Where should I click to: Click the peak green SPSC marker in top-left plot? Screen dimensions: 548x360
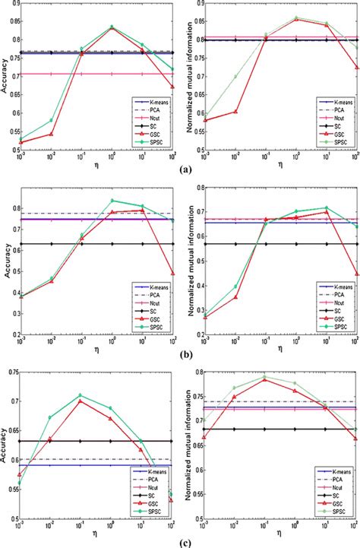112,27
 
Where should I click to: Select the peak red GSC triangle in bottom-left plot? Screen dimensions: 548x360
81,401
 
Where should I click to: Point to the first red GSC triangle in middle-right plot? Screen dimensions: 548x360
204,317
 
